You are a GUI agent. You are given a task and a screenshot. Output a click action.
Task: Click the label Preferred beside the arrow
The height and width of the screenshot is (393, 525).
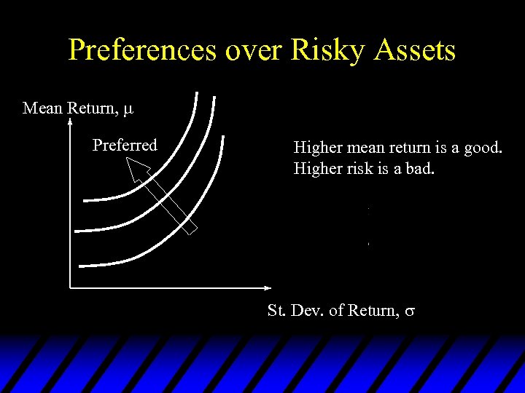125,145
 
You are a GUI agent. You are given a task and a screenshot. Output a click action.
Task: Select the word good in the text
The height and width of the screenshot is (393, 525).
482,148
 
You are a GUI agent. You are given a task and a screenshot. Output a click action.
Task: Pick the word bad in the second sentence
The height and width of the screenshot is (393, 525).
419,170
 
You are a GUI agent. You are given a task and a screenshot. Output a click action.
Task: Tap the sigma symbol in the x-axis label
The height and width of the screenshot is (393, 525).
410,311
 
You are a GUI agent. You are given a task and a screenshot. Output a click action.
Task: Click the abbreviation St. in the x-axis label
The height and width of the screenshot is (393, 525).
276,311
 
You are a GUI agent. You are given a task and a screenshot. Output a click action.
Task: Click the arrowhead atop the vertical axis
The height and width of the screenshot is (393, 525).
69,124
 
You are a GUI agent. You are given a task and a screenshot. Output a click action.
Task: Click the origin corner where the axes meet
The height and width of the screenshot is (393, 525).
70,287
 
